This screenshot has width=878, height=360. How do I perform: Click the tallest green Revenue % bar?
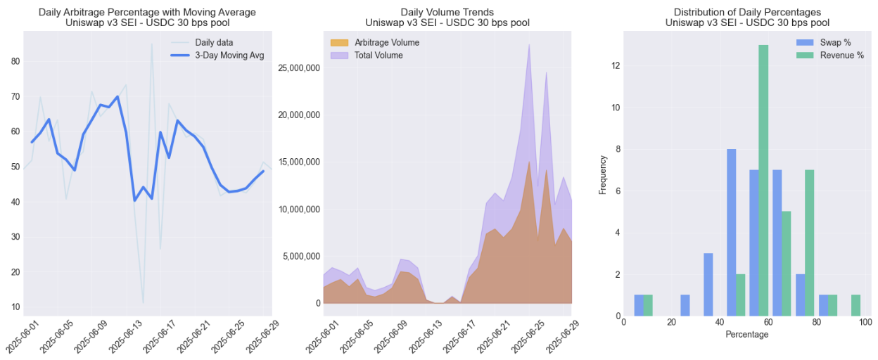(763, 176)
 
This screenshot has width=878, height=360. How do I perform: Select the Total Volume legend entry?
(378, 55)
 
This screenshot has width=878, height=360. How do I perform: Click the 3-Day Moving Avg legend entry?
(229, 56)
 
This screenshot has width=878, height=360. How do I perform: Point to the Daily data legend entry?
(214, 43)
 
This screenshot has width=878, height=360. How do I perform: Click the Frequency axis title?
(602, 170)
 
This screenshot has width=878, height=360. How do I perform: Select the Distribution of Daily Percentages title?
(746, 12)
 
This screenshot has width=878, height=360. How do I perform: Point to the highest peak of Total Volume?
(529, 44)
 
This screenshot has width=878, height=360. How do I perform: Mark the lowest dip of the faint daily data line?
(143, 303)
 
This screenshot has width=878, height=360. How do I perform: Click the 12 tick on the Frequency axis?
(616, 66)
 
